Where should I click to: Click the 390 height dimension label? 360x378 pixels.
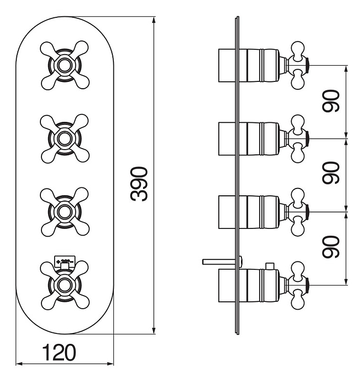coord(140,184)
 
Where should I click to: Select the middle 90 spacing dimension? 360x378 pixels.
coord(331,174)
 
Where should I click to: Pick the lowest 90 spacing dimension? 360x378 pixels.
coord(331,247)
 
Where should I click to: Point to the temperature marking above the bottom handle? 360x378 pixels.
coord(65,260)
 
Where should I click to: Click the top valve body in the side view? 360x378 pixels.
coord(252,65)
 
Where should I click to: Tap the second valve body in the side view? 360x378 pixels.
coord(252,139)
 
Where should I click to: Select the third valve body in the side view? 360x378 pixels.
coord(252,212)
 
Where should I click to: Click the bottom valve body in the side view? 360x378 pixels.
coord(252,285)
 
